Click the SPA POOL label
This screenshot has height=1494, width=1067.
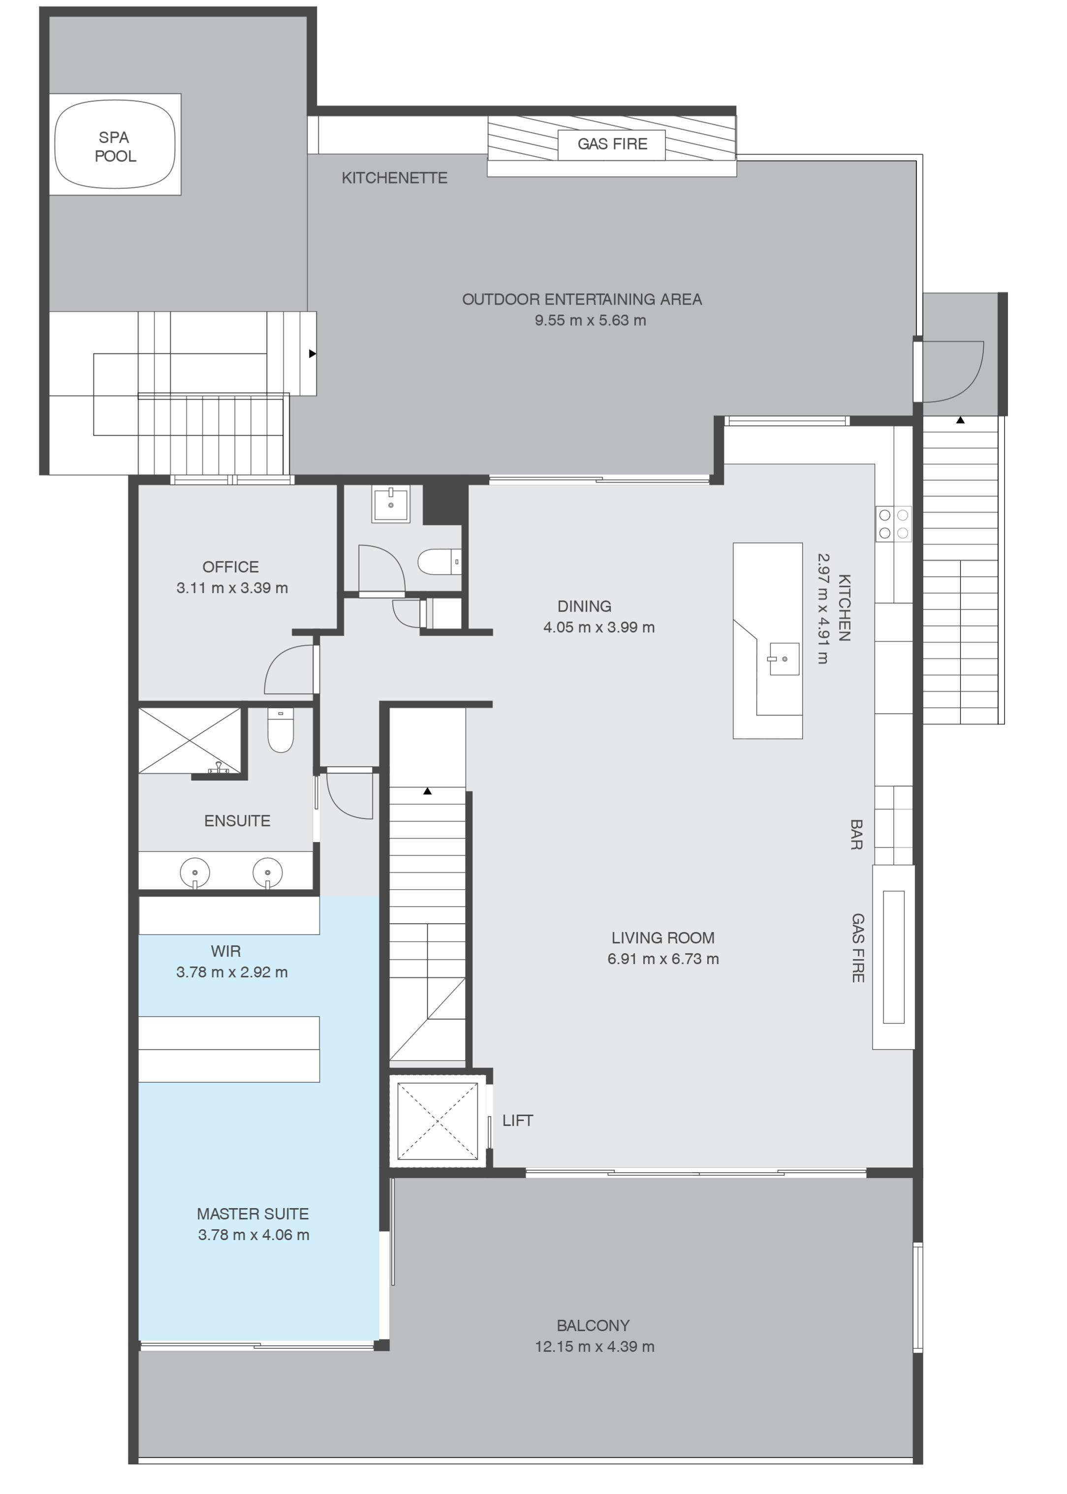point(115,147)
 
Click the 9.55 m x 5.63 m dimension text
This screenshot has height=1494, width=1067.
point(590,321)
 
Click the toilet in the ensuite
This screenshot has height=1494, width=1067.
point(281,730)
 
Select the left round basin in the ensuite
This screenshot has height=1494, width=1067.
point(195,872)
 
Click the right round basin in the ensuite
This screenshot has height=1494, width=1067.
point(267,872)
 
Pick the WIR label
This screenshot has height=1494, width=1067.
point(225,951)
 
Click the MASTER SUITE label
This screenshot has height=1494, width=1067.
point(252,1214)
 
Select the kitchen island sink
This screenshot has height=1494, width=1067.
point(783,659)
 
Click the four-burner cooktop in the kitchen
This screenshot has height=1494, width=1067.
point(894,524)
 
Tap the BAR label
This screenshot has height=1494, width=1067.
point(856,835)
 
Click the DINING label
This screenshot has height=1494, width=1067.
point(584,606)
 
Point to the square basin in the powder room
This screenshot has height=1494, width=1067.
point(391,504)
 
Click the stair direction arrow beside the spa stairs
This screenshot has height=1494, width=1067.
point(313,353)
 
